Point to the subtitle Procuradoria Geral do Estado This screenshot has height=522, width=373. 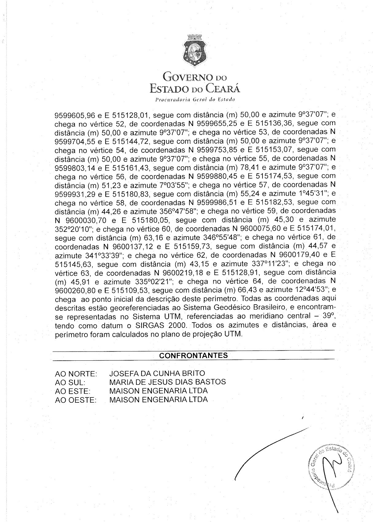tap(195, 100)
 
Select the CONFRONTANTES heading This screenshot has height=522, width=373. tap(193, 355)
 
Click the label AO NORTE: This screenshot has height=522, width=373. tap(76, 374)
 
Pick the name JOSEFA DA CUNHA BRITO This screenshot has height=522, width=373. tap(157, 373)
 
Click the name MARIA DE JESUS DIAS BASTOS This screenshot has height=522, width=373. tap(167, 382)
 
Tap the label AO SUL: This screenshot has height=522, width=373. tap(70, 382)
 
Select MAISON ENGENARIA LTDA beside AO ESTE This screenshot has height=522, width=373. tap(158, 391)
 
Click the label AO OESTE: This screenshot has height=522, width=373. tap(76, 400)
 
